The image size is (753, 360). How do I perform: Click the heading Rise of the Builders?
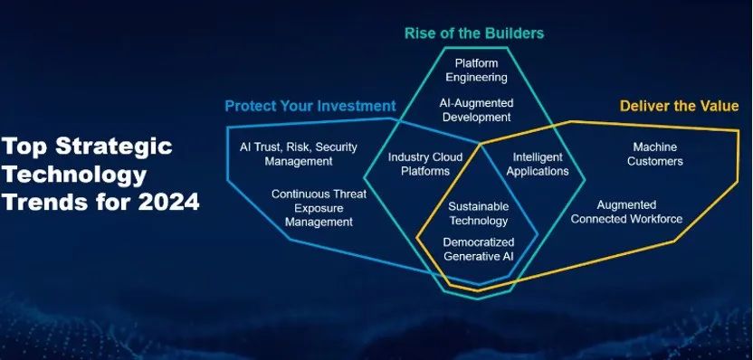474,33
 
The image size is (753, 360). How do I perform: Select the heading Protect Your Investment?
310,105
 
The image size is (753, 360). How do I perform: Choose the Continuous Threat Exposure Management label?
311,208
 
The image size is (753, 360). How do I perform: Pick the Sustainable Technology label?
478,213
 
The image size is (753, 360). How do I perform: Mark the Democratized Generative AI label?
478,249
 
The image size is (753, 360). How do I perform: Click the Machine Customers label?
653,155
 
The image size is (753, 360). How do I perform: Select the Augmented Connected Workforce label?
626,212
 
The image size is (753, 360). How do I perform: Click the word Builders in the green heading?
513,33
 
